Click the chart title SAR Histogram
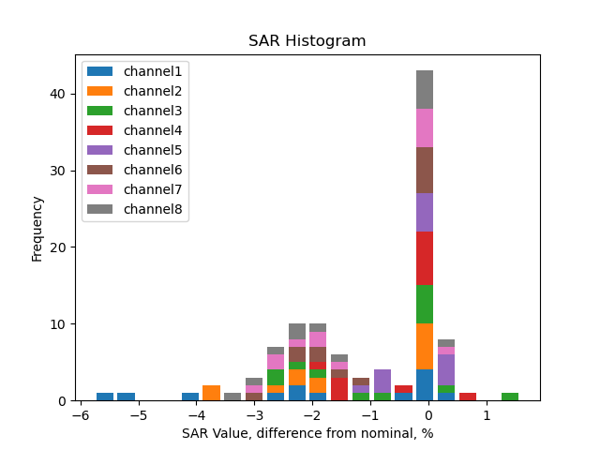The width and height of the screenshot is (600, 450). click(307, 41)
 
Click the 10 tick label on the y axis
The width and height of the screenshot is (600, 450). click(59, 324)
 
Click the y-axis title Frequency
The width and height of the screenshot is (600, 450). click(37, 228)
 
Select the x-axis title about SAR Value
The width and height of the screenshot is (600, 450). click(307, 433)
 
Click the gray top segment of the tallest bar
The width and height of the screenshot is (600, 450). click(425, 89)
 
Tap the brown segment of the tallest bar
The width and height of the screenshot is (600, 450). click(425, 170)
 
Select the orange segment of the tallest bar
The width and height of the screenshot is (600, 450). click(425, 347)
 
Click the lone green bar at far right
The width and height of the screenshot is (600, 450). click(510, 397)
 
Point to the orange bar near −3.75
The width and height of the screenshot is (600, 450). click(211, 393)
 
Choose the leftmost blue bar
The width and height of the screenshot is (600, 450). click(105, 397)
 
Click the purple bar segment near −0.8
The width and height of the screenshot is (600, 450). click(382, 381)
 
